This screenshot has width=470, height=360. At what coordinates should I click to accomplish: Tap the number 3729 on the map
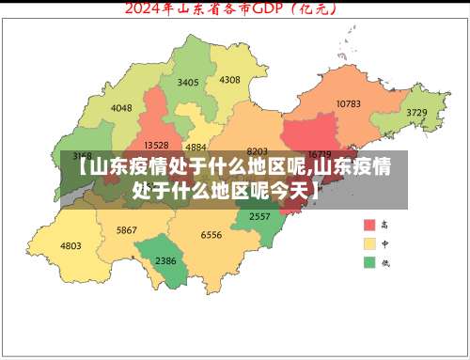click(x=416, y=113)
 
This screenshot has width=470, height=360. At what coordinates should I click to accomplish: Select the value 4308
click(x=229, y=80)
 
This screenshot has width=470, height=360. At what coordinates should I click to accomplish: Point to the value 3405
click(x=188, y=83)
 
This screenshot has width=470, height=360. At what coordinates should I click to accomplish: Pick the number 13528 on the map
click(x=155, y=145)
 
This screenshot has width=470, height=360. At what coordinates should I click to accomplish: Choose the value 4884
click(x=196, y=147)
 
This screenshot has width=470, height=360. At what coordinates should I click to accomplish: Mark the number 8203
click(x=257, y=150)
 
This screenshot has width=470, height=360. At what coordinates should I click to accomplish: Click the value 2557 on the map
click(x=259, y=216)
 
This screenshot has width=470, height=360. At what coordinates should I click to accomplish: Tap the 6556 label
click(x=211, y=235)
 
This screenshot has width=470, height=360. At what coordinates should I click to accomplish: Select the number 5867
click(x=127, y=230)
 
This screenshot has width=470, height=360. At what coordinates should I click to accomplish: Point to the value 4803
click(x=70, y=245)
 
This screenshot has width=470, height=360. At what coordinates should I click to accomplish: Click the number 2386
click(x=165, y=260)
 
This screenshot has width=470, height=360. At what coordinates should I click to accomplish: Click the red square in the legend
click(x=369, y=226)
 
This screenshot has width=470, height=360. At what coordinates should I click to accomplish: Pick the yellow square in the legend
click(x=369, y=243)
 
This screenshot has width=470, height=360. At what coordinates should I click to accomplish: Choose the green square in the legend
click(x=369, y=261)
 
